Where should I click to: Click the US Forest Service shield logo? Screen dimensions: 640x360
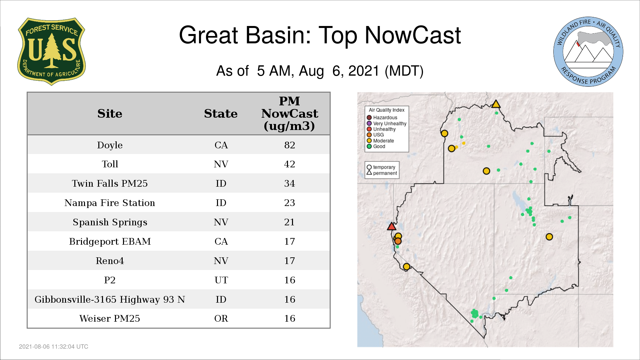[x=51, y=52]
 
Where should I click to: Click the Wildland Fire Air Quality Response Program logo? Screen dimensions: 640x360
[x=588, y=52]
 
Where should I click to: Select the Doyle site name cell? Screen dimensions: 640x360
[x=110, y=145]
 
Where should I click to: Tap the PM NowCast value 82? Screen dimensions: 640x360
[x=290, y=145]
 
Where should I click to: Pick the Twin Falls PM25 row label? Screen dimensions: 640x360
[x=110, y=183]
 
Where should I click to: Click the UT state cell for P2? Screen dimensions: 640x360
[x=221, y=280]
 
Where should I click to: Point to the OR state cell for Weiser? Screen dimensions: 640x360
[x=221, y=318]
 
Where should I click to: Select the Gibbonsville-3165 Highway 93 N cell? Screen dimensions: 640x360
[x=110, y=299]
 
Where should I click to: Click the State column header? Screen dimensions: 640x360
[x=221, y=114]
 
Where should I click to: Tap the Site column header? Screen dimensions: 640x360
[x=110, y=114]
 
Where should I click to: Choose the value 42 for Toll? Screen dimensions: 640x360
[x=290, y=164]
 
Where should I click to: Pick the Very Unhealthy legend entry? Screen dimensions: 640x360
[x=387, y=123]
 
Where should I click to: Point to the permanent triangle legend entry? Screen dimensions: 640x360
[x=382, y=173]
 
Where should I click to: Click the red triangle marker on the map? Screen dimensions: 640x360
[x=392, y=227]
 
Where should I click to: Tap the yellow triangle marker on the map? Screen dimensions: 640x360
[x=496, y=104]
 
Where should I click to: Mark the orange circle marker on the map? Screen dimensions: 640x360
[x=398, y=241]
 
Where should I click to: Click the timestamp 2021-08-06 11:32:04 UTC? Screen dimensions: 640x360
[x=54, y=347]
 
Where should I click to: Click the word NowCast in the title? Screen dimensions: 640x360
[x=413, y=35]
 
